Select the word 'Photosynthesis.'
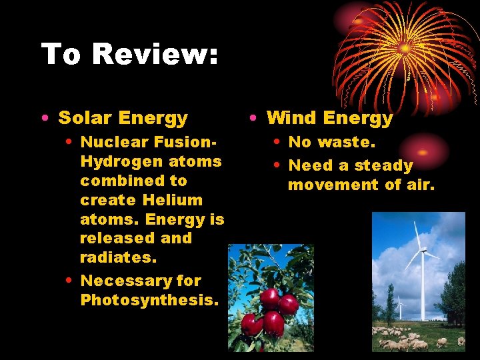click(x=149, y=300)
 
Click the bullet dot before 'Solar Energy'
click(x=43, y=119)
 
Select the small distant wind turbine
click(x=399, y=306)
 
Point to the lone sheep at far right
click(x=461, y=341)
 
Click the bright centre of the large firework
click(x=405, y=48)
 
